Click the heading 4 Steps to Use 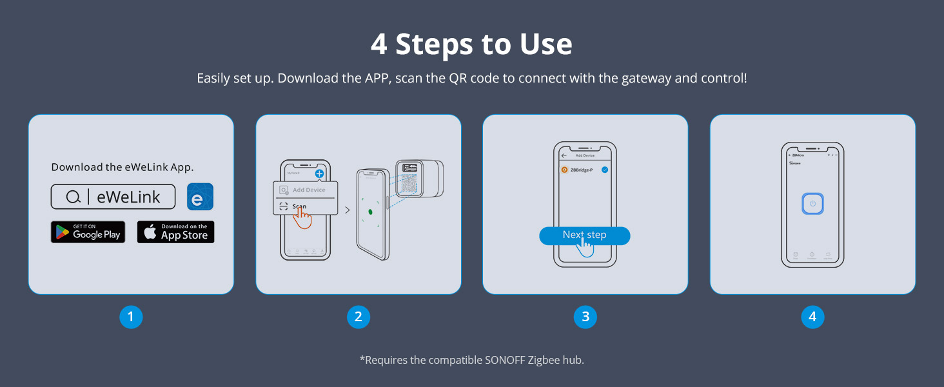(x=471, y=45)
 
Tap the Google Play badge (x=88, y=232)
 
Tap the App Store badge (x=175, y=232)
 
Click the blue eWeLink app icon (x=200, y=197)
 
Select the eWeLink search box (x=113, y=197)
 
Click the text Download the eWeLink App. (x=123, y=167)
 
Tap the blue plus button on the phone (x=319, y=174)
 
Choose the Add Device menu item (x=308, y=190)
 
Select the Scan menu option (x=299, y=206)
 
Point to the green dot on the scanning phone (x=371, y=212)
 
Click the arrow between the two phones (x=348, y=210)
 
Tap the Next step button (x=584, y=235)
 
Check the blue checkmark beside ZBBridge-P (x=605, y=170)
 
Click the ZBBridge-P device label (x=581, y=170)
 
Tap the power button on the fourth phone (x=812, y=204)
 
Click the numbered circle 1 (x=131, y=317)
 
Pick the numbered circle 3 (x=585, y=317)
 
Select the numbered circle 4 (x=812, y=317)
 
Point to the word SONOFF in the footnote (x=505, y=360)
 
